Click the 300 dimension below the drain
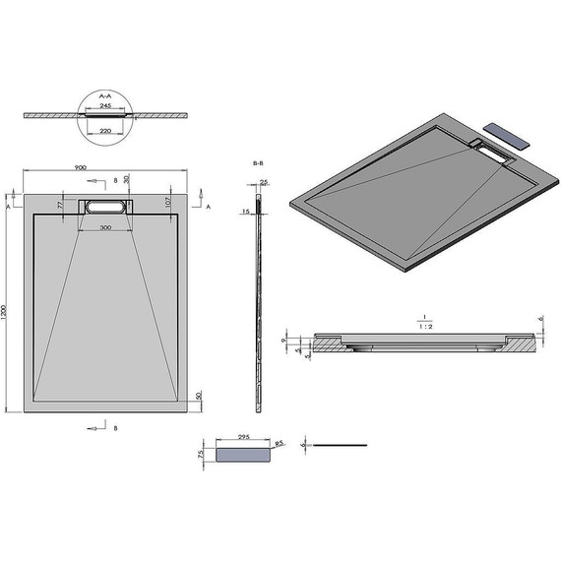click(x=103, y=227)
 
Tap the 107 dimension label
click(x=169, y=201)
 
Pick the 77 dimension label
click(x=60, y=207)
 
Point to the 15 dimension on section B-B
click(x=245, y=212)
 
